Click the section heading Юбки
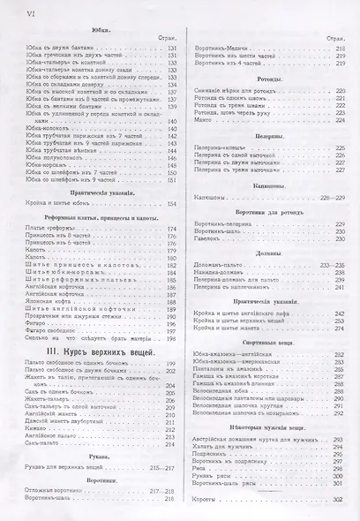[100, 32]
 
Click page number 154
[172, 205]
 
